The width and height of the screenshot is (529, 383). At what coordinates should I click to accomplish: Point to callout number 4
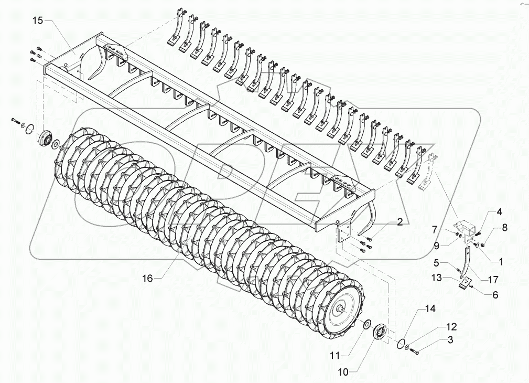pos(499,212)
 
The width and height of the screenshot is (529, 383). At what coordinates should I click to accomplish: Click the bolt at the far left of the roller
pos(14,122)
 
